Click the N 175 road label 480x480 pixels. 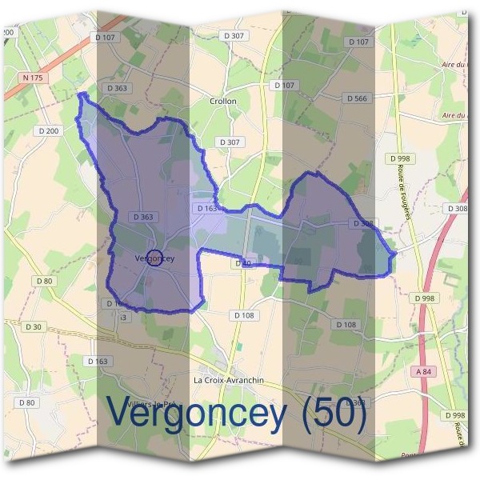pyautogui.click(x=32, y=78)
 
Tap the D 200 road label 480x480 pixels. pyautogui.click(x=48, y=130)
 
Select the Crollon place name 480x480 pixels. pyautogui.click(x=223, y=102)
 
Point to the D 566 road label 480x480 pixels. pyautogui.click(x=357, y=98)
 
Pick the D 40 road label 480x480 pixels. pyautogui.click(x=244, y=263)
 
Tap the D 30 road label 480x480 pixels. pyautogui.click(x=33, y=326)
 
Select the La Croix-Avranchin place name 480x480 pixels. pyautogui.click(x=229, y=380)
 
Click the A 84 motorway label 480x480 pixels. pyautogui.click(x=423, y=372)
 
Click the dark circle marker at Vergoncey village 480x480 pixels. pyautogui.click(x=156, y=258)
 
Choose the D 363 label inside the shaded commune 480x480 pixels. pyautogui.click(x=144, y=217)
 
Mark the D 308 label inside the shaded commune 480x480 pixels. pyautogui.click(x=362, y=224)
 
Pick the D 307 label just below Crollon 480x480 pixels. pyautogui.click(x=230, y=142)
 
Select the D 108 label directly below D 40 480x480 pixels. pyautogui.click(x=244, y=315)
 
